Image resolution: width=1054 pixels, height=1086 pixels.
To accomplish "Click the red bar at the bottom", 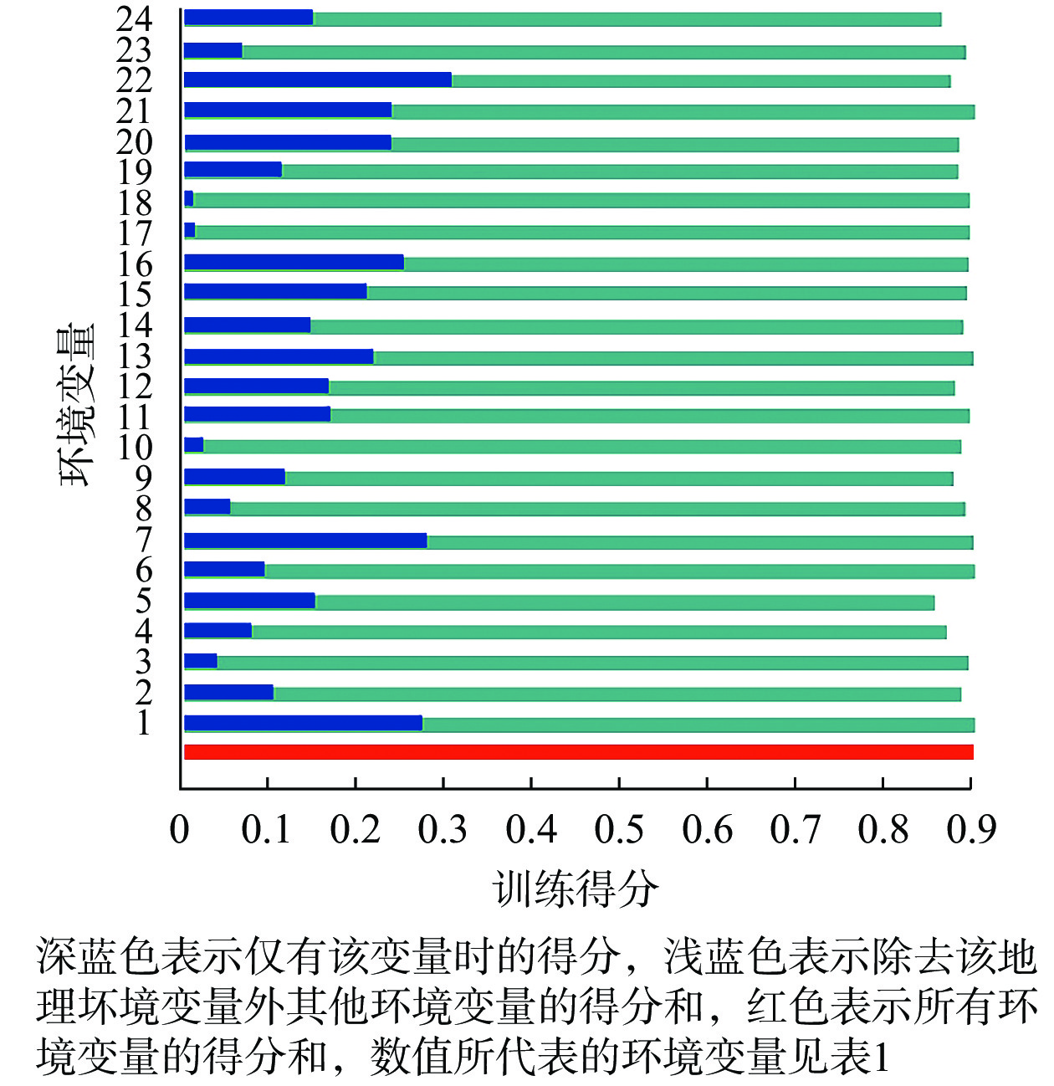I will click(x=577, y=751).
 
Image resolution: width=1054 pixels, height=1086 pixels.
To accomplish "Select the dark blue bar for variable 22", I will click(x=318, y=79).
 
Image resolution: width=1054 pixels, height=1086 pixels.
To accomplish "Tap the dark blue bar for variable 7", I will click(x=305, y=540).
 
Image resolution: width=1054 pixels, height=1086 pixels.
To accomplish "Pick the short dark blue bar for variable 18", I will click(x=189, y=199).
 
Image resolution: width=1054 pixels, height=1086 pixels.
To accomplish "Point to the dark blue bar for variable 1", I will click(x=303, y=723).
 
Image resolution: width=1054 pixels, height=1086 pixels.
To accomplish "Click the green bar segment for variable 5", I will click(x=624, y=602).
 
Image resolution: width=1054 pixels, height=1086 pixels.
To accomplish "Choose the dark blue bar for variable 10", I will click(x=194, y=445).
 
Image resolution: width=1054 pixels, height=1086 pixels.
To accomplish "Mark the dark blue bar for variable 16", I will click(x=294, y=263).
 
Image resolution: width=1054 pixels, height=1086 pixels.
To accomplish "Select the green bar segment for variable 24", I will click(x=627, y=19).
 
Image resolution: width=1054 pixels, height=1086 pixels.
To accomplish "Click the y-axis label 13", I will click(x=134, y=356).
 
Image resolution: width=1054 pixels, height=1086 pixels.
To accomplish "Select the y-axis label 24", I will click(x=134, y=18).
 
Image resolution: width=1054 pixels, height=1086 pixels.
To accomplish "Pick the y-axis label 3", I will click(x=144, y=662).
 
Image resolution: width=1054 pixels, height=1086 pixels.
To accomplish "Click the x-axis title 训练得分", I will click(x=576, y=889).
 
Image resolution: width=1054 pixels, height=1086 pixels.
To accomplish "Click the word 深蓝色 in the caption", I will click(x=98, y=955).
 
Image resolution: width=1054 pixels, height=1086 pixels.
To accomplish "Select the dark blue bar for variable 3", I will click(x=201, y=661).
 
